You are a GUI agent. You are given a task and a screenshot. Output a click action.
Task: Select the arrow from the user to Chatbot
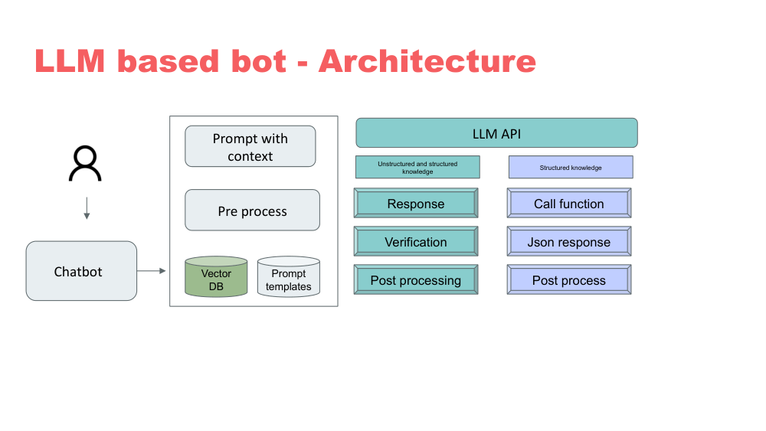(x=87, y=208)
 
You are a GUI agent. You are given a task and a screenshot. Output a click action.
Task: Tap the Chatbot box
(x=81, y=271)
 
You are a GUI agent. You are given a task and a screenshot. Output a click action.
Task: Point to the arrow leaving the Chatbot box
(x=152, y=271)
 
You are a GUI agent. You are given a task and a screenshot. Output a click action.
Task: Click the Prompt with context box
(x=250, y=146)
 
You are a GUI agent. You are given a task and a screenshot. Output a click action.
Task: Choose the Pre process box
(x=252, y=211)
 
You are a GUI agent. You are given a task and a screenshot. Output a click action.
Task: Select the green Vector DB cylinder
(x=216, y=277)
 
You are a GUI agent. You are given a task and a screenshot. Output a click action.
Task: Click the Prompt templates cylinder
(x=288, y=278)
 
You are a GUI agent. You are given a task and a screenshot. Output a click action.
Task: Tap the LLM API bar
(x=496, y=133)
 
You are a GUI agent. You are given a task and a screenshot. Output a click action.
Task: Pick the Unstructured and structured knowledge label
(x=417, y=168)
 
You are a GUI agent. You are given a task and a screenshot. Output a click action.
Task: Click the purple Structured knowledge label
(x=571, y=168)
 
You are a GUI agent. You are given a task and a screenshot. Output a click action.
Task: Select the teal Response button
(x=416, y=204)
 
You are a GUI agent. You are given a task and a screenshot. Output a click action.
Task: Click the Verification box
(x=416, y=242)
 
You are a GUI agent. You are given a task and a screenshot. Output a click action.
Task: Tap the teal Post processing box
(x=416, y=280)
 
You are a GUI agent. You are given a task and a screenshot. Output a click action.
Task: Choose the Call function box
(x=569, y=204)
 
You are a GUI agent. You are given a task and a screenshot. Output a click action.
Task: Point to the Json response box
(x=569, y=242)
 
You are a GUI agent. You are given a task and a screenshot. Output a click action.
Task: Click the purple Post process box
(x=569, y=280)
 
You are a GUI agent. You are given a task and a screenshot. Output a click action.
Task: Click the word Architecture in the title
(x=427, y=61)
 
